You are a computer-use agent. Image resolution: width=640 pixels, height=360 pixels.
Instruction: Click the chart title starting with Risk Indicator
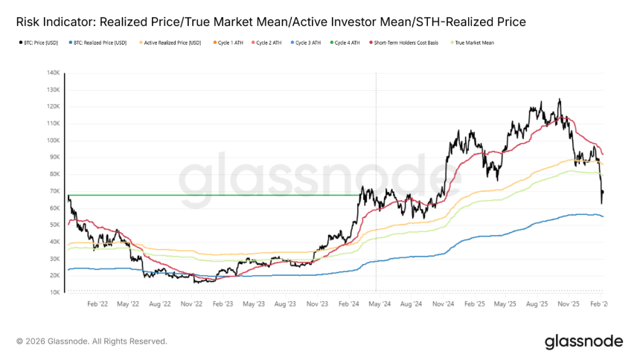[271, 22]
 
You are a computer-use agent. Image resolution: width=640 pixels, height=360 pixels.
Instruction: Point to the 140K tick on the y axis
[53, 73]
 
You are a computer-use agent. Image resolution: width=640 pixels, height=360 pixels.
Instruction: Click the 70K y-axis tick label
[54, 191]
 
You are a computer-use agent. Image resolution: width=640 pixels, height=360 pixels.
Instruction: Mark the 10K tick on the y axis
[54, 292]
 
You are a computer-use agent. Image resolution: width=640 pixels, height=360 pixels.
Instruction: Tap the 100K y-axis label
[53, 141]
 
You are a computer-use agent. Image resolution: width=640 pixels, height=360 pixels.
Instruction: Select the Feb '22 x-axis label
[98, 303]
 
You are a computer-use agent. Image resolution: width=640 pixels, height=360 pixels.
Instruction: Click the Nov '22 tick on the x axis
[192, 303]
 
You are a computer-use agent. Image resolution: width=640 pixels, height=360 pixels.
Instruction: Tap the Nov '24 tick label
[442, 303]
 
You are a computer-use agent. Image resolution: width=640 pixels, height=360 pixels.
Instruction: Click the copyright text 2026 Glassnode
[92, 341]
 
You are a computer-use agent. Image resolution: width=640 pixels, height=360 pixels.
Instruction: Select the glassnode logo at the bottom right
[583, 341]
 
